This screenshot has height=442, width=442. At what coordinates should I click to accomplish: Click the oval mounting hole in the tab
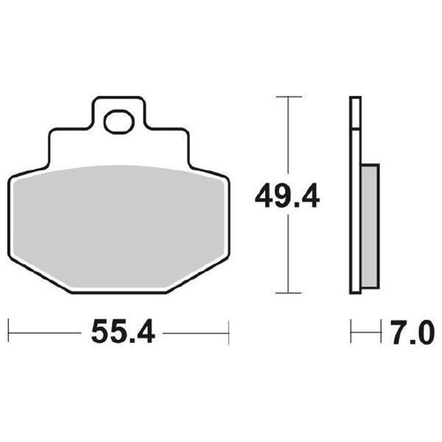coord(118,121)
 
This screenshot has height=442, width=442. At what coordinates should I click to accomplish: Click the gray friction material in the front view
coord(118,227)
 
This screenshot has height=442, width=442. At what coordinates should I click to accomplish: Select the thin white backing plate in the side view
coord(355,193)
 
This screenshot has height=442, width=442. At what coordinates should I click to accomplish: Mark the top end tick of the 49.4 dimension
coord(288,97)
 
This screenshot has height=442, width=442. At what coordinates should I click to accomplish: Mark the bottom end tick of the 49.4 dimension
coord(288,293)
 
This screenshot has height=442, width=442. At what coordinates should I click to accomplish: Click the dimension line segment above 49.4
coord(288,138)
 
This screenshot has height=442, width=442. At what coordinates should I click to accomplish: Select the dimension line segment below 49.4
coord(288,254)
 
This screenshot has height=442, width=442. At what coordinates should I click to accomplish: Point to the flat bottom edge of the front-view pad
coord(118,292)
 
